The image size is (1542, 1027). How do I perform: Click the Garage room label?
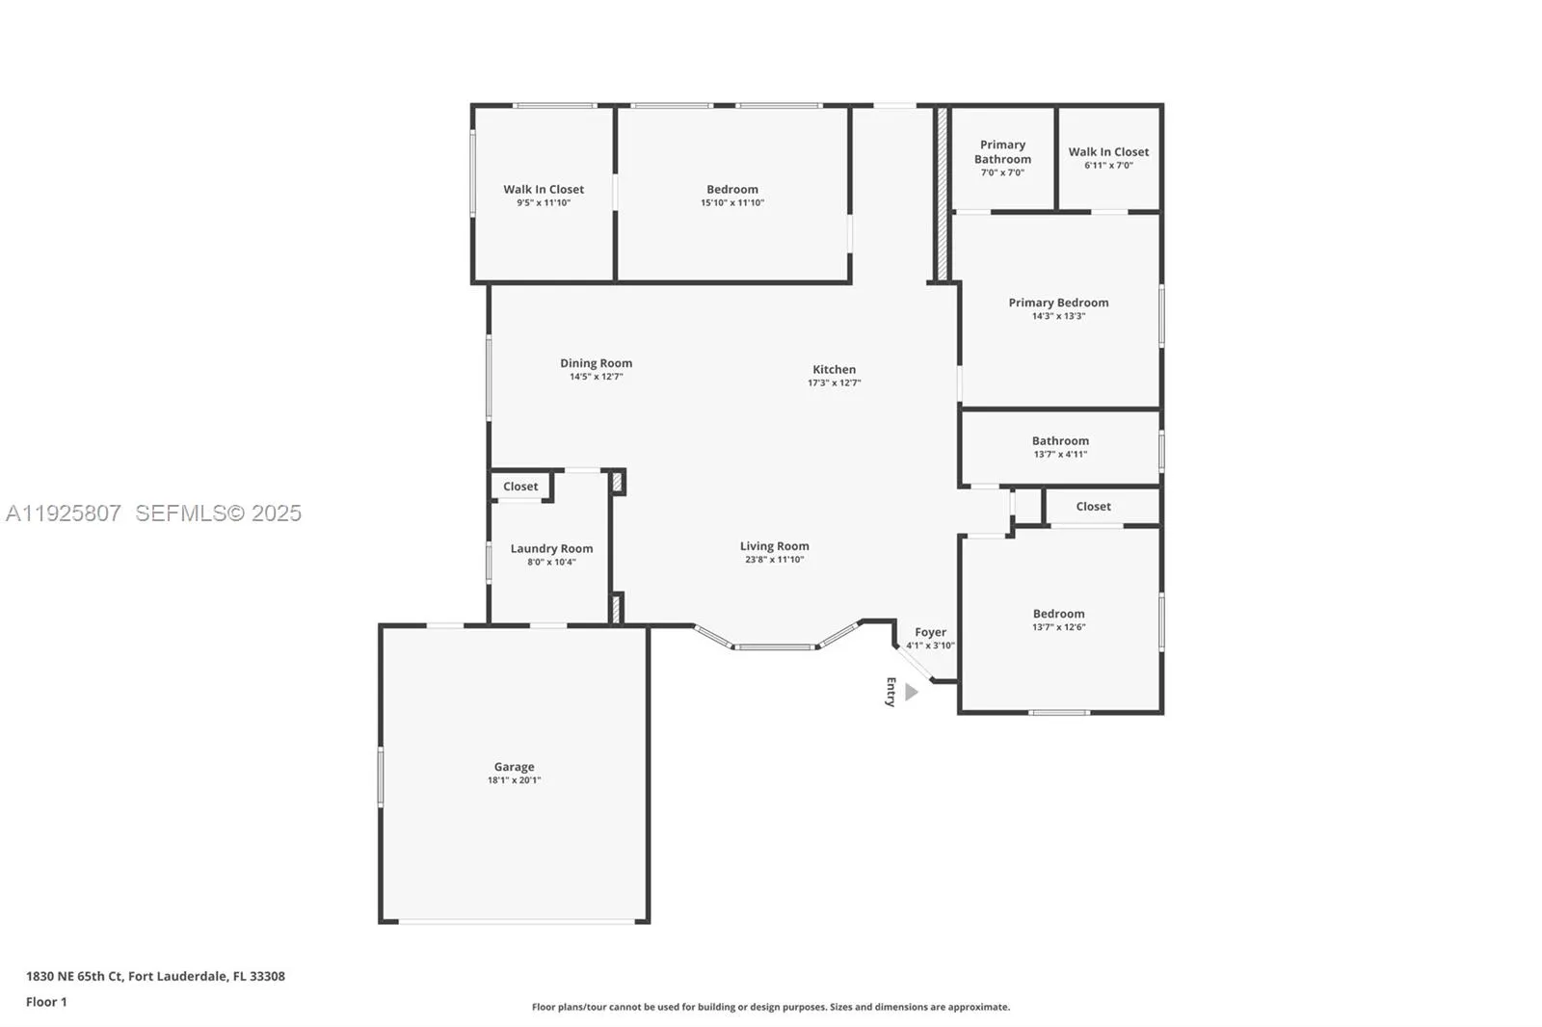pyautogui.click(x=515, y=766)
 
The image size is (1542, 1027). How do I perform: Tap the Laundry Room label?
pyautogui.click(x=551, y=548)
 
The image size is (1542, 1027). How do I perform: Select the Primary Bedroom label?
pyautogui.click(x=1059, y=303)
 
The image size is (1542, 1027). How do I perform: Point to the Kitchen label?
pyautogui.click(x=835, y=370)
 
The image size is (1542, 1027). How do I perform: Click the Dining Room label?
pyautogui.click(x=597, y=363)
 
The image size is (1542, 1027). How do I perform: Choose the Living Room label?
pyautogui.click(x=775, y=546)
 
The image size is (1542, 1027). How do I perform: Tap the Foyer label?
pyautogui.click(x=931, y=632)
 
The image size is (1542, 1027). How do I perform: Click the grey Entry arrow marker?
pyautogui.click(x=912, y=692)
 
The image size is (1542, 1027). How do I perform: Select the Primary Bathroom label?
pyautogui.click(x=1002, y=151)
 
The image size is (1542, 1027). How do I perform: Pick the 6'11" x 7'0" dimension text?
pyautogui.click(x=1108, y=165)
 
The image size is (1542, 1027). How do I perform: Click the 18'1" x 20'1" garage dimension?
pyautogui.click(x=515, y=780)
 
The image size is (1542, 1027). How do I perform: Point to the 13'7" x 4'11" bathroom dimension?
pyautogui.click(x=1060, y=455)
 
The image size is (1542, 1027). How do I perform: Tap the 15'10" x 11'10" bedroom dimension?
pyautogui.click(x=732, y=202)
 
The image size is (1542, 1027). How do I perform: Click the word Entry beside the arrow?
pyautogui.click(x=891, y=692)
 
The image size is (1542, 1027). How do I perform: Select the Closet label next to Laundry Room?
pyautogui.click(x=520, y=487)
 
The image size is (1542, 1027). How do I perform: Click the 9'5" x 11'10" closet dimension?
pyautogui.click(x=544, y=202)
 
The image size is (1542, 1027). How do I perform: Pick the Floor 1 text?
pyautogui.click(x=47, y=1002)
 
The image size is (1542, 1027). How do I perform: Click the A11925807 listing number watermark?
pyautogui.click(x=64, y=513)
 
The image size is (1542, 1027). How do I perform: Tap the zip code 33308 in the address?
pyautogui.click(x=268, y=975)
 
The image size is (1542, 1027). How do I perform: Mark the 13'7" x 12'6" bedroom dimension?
pyautogui.click(x=1059, y=627)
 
